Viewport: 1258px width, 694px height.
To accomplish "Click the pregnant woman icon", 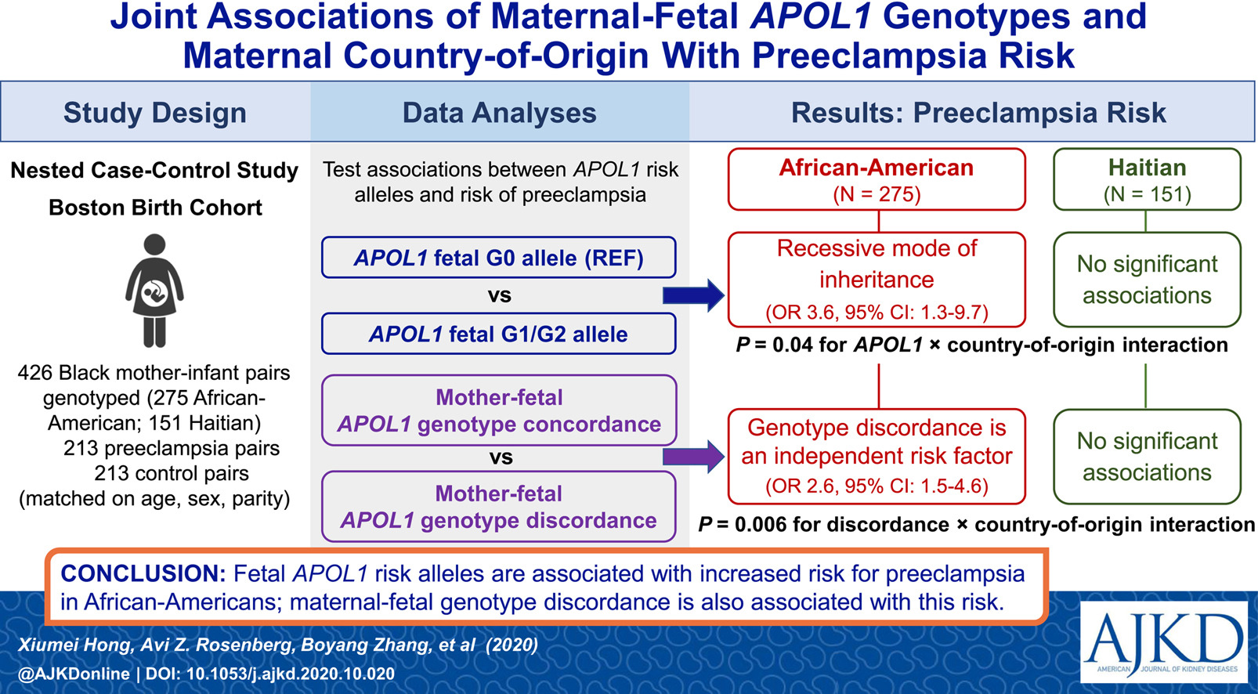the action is [154, 291].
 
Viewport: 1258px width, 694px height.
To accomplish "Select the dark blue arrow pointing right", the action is [693, 295].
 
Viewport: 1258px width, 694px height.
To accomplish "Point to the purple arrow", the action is [693, 457].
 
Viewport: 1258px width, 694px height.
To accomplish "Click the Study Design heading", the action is [155, 112].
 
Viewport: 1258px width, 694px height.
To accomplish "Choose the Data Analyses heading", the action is [499, 112].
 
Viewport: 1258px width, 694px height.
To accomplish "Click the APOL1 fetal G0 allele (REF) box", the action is [499, 258].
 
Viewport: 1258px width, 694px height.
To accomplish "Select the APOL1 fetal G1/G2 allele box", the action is [499, 334].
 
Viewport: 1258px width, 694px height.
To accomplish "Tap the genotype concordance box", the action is [499, 410].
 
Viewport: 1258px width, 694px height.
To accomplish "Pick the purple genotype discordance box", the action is [499, 507].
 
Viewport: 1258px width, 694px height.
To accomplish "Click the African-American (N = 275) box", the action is [877, 179].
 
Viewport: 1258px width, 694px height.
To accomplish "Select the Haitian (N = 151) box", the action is [1147, 179].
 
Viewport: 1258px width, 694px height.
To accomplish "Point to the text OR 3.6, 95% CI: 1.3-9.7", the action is [877, 313].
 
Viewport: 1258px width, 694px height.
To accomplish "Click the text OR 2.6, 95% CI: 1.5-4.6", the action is [877, 486].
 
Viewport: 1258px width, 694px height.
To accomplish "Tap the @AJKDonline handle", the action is [74, 674].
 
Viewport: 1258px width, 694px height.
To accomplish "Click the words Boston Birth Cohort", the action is [155, 208].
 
